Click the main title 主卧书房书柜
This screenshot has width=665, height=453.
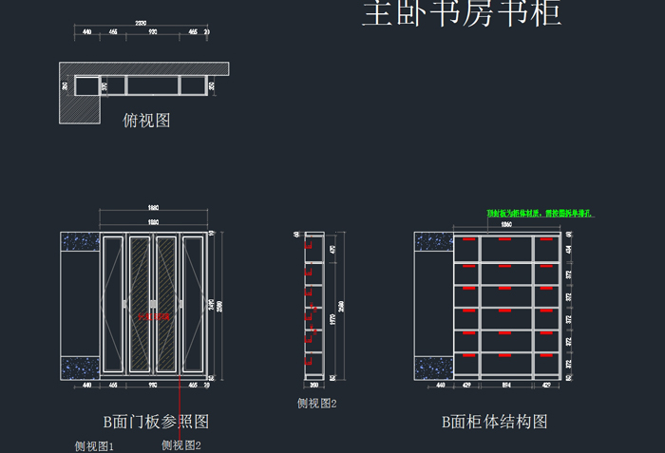(x=462, y=15)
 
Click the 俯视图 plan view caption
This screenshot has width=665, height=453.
(x=147, y=121)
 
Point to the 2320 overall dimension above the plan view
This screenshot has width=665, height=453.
(x=140, y=22)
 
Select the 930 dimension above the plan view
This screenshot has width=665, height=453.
(x=153, y=32)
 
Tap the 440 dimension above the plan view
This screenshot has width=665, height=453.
(x=86, y=32)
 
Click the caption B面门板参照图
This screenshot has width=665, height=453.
(x=155, y=422)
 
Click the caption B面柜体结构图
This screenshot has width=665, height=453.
(x=494, y=422)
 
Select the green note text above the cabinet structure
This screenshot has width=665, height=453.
(x=539, y=214)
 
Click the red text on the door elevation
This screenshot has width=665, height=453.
(x=153, y=316)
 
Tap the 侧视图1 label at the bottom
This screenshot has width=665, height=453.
(x=95, y=445)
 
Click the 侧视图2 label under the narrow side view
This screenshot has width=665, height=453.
(x=317, y=404)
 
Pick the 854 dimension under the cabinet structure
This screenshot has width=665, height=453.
(x=507, y=387)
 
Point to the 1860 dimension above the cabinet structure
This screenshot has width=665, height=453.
(x=506, y=223)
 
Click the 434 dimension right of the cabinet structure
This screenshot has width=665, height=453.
(x=569, y=249)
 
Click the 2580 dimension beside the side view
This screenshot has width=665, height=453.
(x=341, y=305)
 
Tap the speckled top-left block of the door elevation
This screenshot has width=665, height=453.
(x=80, y=242)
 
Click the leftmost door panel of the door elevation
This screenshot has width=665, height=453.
(x=113, y=306)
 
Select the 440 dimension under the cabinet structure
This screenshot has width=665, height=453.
(x=433, y=387)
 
